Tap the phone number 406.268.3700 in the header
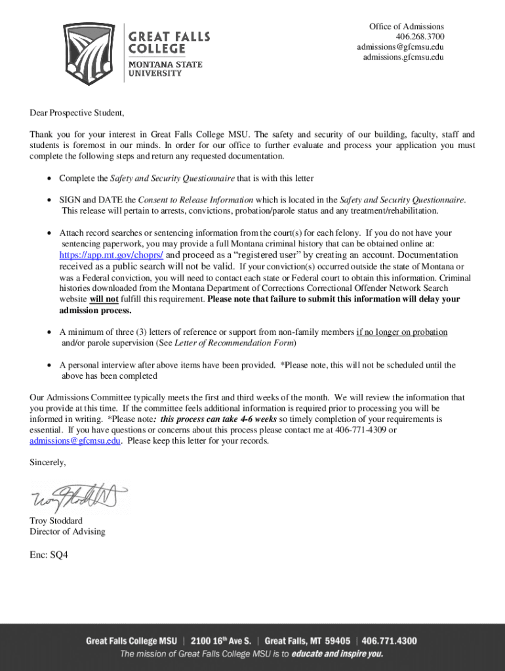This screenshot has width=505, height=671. (419, 37)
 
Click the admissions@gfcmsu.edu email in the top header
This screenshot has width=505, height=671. (400, 47)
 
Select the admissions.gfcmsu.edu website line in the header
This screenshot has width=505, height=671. (403, 58)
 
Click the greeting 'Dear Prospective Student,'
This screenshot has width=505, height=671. (77, 113)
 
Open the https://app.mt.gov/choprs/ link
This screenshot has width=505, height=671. (111, 255)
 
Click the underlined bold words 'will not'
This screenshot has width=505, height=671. (104, 299)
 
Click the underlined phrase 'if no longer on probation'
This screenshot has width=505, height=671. (401, 332)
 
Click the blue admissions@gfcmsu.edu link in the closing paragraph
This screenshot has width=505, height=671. (75, 441)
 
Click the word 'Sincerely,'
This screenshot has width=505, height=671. (48, 463)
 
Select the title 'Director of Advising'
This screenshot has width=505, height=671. (67, 531)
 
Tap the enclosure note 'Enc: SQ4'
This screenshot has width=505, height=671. (49, 554)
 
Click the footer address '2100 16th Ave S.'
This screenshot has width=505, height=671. (224, 641)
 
